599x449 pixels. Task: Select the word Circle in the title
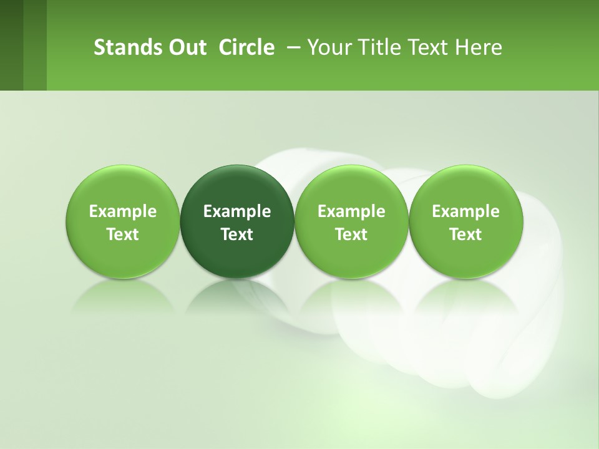pyautogui.click(x=246, y=47)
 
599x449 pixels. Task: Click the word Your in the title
pyautogui.click(x=327, y=47)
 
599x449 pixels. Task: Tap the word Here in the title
pyautogui.click(x=479, y=47)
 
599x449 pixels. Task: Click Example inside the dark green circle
pyautogui.click(x=237, y=212)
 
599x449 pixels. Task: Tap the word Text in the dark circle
pyautogui.click(x=237, y=234)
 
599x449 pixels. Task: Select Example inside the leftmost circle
pyautogui.click(x=122, y=212)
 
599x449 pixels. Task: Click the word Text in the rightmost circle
pyautogui.click(x=465, y=234)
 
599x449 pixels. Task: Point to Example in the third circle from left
pyautogui.click(x=351, y=212)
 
